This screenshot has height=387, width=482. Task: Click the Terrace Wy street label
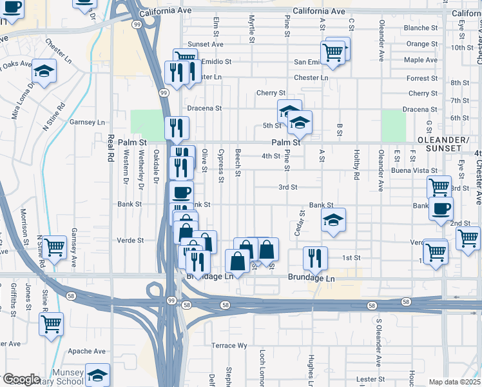click(x=229, y=346)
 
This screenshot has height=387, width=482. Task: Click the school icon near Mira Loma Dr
click(x=44, y=71)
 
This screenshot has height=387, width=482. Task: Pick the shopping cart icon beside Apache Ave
click(x=52, y=324)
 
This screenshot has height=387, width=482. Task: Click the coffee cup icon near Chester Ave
click(x=441, y=208)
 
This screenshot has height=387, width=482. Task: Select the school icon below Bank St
click(x=333, y=220)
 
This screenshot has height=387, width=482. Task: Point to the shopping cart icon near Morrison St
click(x=54, y=246)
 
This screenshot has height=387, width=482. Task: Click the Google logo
click(x=21, y=379)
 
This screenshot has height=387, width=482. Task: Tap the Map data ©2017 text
click(x=455, y=382)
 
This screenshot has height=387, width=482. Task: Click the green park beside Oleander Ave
click(x=392, y=125)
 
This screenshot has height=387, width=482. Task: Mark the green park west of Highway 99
click(x=148, y=123)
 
